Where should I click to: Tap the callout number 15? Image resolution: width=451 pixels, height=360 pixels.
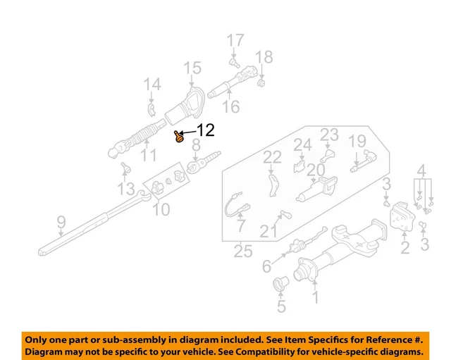click(192, 68)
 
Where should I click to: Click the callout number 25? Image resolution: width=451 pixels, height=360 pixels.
click(243, 250)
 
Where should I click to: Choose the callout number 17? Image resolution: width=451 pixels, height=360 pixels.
click(235, 40)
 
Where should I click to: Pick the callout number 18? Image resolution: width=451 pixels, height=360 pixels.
click(264, 57)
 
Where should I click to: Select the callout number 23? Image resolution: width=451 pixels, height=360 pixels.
click(329, 134)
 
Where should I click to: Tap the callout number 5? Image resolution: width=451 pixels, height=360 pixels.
click(280, 306)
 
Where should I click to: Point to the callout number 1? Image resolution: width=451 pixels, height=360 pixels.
click(315, 298)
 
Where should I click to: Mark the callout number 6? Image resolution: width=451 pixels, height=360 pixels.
click(266, 266)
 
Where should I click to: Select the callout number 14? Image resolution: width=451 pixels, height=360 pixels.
click(152, 85)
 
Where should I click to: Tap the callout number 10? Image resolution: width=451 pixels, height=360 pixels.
click(161, 209)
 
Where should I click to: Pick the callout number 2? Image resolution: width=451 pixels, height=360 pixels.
click(404, 247)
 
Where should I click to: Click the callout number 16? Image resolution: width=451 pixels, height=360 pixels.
click(230, 107)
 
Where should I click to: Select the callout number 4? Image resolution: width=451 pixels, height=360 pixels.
click(421, 170)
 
